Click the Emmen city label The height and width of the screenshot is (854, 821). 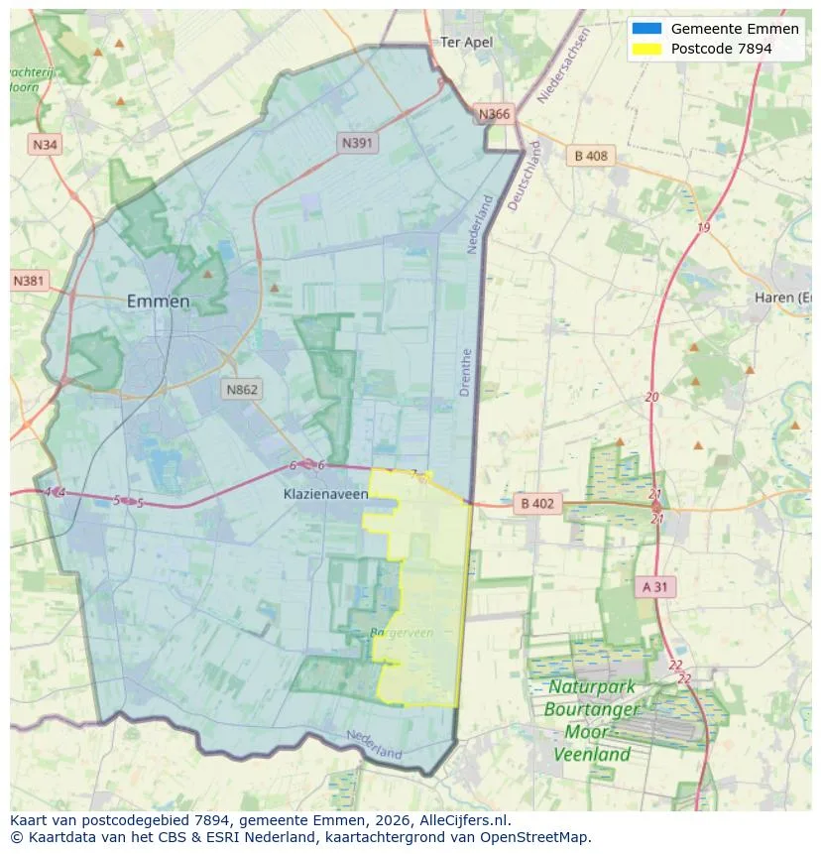coord(159,302)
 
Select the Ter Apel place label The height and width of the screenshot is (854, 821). coord(466,42)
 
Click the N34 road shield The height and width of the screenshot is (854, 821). coord(45,145)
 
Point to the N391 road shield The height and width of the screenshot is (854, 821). coord(357,143)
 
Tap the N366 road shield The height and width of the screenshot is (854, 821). coord(494,114)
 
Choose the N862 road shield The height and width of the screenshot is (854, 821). coord(241,390)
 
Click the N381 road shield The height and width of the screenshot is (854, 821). coord(29,281)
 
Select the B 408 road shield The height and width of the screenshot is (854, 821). coord(591,155)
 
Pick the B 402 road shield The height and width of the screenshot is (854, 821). coord(536,504)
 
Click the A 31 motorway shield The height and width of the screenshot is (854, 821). coord(655,586)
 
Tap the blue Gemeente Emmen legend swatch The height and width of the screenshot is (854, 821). coord(645,29)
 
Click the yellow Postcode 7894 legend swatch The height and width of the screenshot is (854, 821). coord(645,48)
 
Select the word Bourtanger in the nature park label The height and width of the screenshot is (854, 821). coord(592,709)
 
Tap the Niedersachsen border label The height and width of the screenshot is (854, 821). coord(563,65)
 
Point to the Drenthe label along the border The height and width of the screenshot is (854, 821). coord(466,372)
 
